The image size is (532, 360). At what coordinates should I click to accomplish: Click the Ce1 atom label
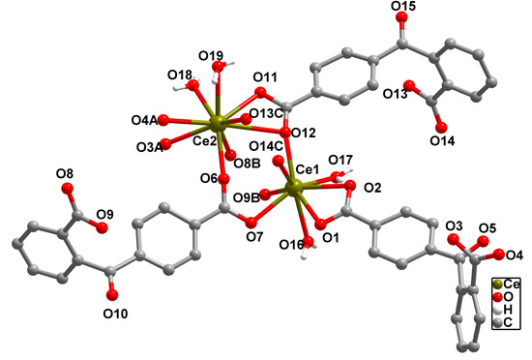click(x=307, y=170)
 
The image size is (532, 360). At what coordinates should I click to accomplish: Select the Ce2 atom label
click(x=204, y=141)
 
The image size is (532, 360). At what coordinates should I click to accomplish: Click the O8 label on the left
click(x=65, y=174)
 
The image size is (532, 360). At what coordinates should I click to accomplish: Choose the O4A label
click(x=144, y=120)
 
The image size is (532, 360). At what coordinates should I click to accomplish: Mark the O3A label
click(x=145, y=146)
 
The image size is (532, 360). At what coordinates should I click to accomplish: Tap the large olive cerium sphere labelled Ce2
click(x=219, y=122)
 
